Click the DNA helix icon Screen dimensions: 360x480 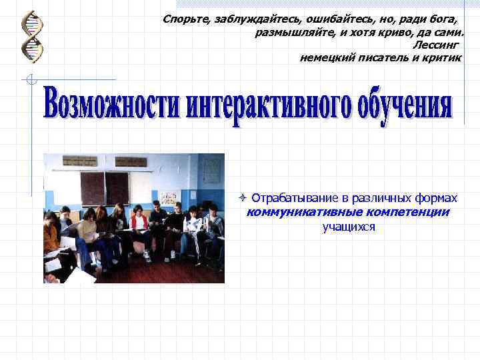(x=31, y=37)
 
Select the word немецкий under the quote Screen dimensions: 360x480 (x=327, y=58)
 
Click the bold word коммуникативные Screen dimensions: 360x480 (x=302, y=213)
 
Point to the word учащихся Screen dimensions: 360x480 (x=349, y=227)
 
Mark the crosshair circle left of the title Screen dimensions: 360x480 (x=29, y=81)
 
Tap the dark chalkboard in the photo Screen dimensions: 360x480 (x=105, y=187)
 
